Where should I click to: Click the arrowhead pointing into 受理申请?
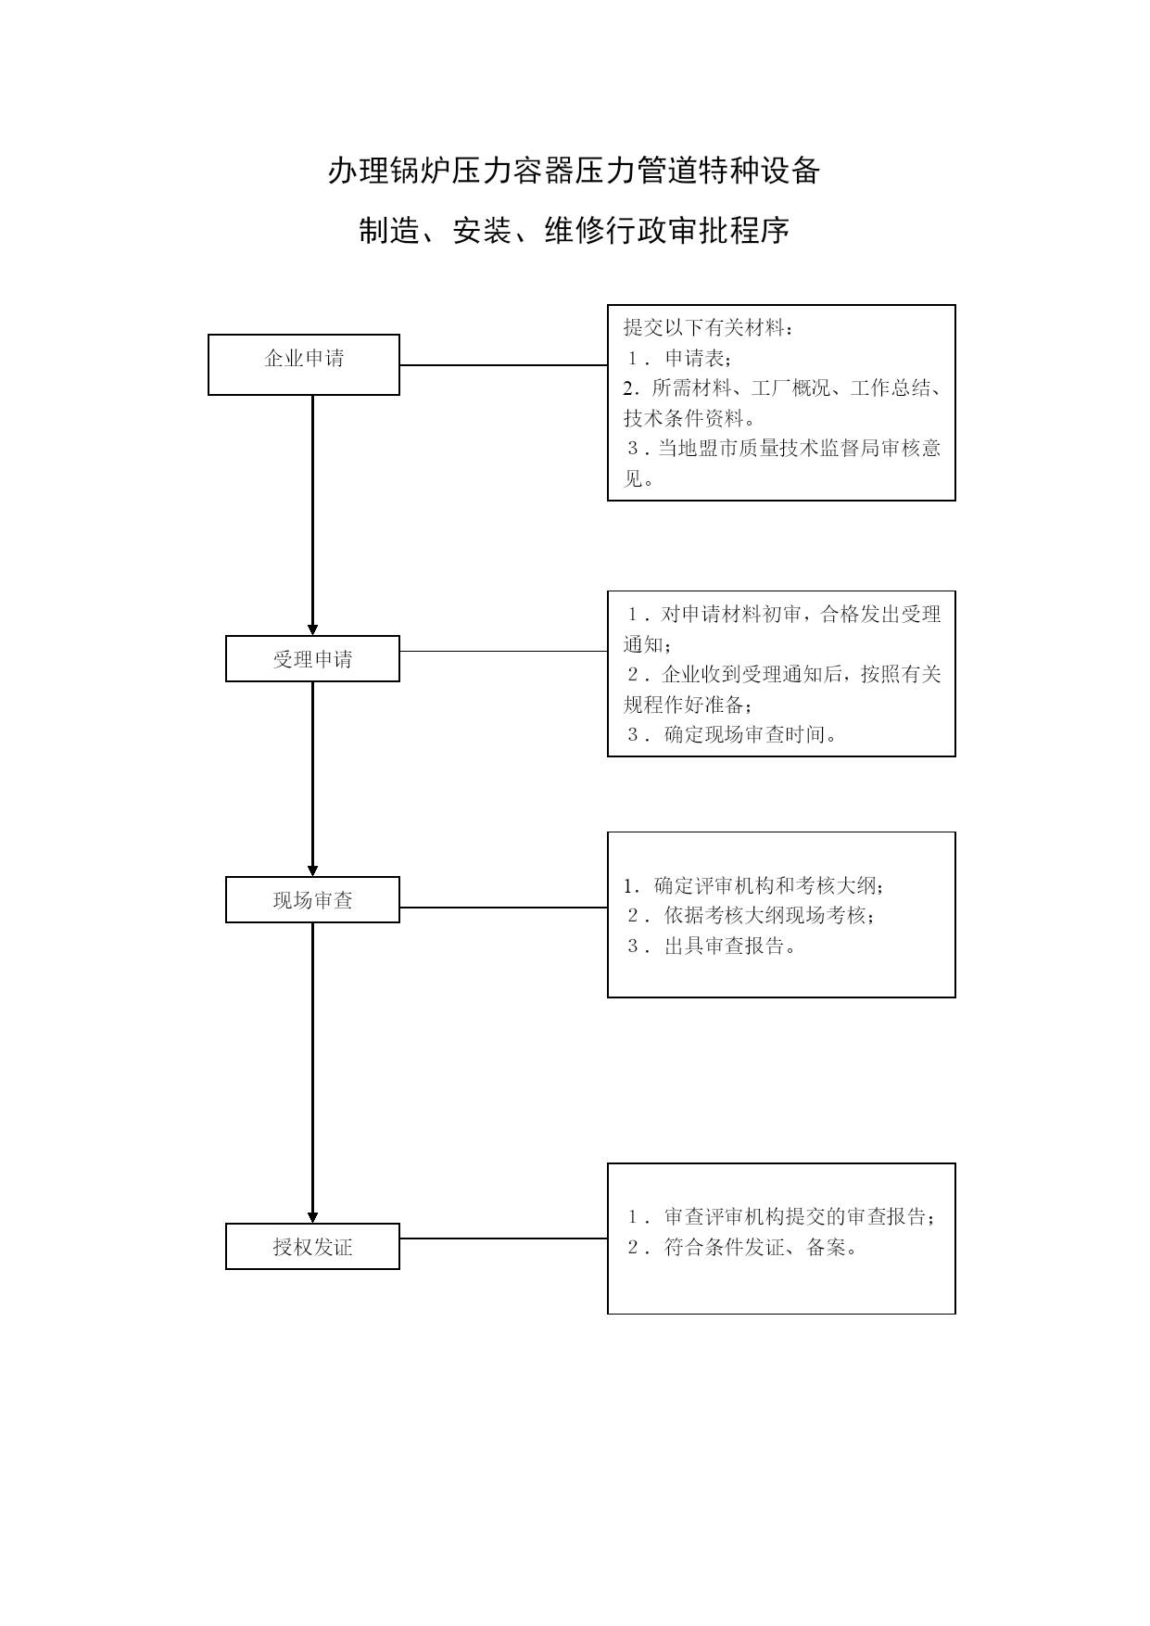(312, 629)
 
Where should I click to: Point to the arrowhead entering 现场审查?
(312, 870)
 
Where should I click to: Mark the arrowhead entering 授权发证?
(312, 1217)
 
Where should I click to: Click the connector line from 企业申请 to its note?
(503, 365)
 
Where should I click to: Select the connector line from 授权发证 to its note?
(503, 1238)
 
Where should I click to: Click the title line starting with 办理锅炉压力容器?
(574, 171)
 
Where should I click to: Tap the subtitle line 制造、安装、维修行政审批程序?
(574, 231)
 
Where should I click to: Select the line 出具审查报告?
(730, 946)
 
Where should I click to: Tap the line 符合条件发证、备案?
(761, 1247)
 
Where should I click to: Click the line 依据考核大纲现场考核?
(769, 915)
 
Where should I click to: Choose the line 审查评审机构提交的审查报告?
(800, 1216)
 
